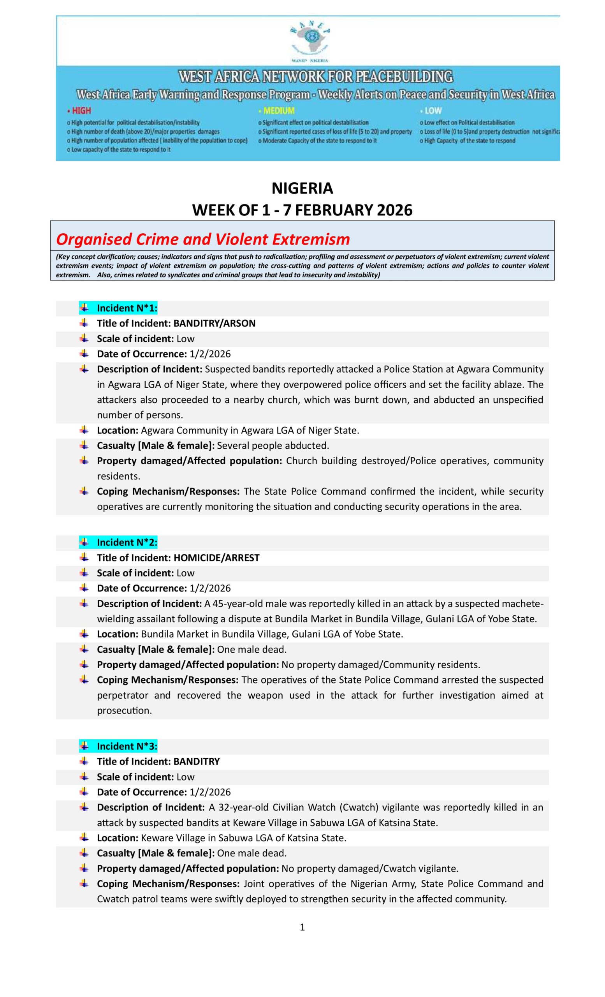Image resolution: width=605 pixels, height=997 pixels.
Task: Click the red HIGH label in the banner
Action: (81, 111)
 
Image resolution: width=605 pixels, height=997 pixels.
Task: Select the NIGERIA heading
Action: (302, 188)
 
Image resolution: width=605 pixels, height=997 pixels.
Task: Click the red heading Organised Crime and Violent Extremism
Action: (202, 239)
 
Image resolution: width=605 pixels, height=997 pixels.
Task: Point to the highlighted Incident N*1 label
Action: (127, 308)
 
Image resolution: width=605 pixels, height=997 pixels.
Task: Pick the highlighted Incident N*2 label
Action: (127, 543)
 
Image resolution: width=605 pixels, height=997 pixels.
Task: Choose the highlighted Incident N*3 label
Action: (127, 747)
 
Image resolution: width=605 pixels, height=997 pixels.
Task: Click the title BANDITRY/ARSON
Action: (215, 323)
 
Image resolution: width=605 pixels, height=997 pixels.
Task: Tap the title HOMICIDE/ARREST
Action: (216, 558)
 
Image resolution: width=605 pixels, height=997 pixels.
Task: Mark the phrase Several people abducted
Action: (273, 446)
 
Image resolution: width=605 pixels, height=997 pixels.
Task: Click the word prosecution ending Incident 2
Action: (124, 711)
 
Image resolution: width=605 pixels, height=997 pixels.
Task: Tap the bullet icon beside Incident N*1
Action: (84, 308)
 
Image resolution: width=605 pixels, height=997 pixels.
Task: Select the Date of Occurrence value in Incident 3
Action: (210, 792)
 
